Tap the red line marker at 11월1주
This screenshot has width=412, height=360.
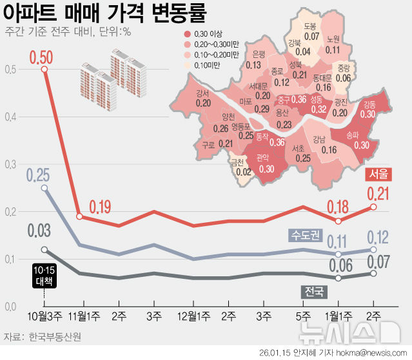tap(79, 216)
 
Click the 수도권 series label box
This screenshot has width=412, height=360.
tap(305, 235)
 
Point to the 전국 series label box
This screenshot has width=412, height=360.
tap(313, 292)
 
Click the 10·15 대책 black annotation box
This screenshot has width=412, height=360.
tap(44, 270)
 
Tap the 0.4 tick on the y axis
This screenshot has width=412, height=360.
tap(11, 117)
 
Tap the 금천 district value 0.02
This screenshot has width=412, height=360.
tap(243, 172)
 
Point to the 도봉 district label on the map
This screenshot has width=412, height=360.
tap(310, 27)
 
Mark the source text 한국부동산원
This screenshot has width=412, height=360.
tap(55, 337)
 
